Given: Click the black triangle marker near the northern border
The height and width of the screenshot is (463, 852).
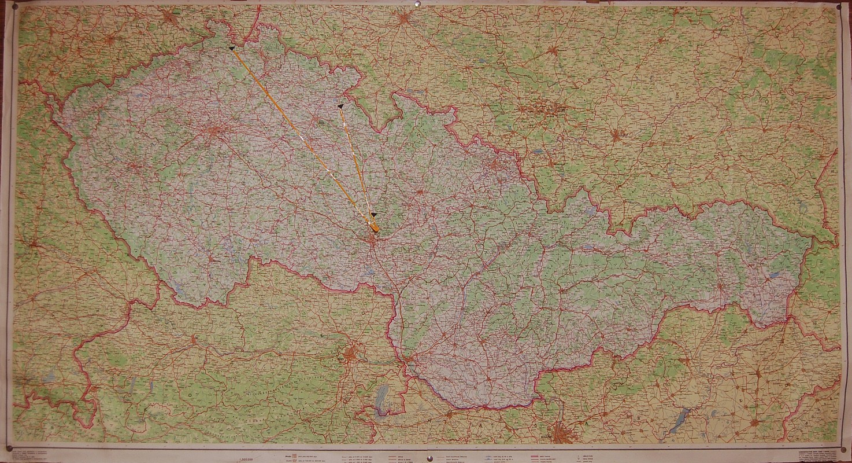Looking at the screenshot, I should click(232, 49).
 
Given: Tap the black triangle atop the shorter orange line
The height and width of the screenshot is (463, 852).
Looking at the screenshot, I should click(340, 106).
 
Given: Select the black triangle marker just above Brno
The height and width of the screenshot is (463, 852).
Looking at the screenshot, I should click(374, 215).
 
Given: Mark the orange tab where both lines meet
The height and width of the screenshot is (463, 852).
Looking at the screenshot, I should click(375, 230).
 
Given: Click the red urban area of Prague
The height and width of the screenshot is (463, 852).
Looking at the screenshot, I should click(214, 131).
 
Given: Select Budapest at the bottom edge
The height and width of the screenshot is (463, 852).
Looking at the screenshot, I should click(560, 432).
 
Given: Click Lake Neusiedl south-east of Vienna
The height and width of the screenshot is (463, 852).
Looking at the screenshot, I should click(381, 399).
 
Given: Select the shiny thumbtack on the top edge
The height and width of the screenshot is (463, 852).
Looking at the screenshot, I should click(416, 6).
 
